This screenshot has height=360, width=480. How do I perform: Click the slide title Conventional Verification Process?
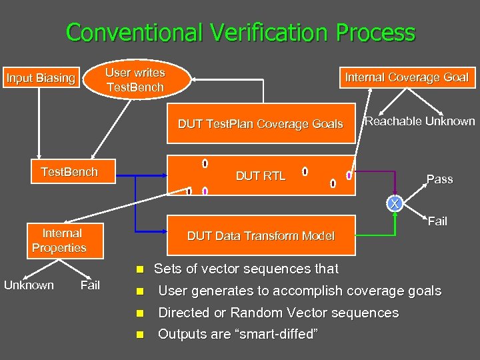(x=240, y=33)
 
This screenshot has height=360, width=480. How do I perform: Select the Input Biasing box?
(x=41, y=78)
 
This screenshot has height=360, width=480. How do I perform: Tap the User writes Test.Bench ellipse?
(x=135, y=79)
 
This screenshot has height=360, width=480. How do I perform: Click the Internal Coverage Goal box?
(x=406, y=77)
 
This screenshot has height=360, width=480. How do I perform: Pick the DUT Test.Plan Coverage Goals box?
(x=261, y=123)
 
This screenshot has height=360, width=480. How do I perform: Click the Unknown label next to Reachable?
(x=450, y=121)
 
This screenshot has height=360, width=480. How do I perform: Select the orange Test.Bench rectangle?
(x=69, y=171)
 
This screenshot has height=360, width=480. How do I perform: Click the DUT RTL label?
(x=261, y=176)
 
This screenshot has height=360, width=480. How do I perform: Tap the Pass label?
(x=439, y=179)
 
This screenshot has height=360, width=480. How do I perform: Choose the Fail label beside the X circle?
(x=437, y=221)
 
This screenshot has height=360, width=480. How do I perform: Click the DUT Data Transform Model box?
(x=261, y=235)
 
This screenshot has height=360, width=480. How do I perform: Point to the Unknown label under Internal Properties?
(x=29, y=285)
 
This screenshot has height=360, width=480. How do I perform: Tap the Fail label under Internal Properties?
(x=90, y=285)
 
